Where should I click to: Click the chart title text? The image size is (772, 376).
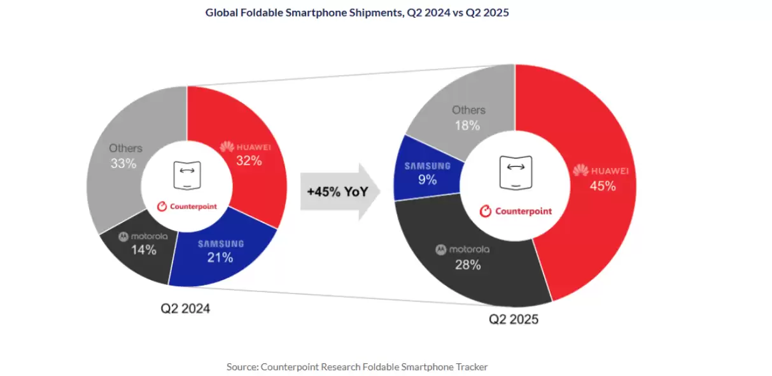(357, 12)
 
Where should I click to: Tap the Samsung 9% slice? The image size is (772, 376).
(426, 172)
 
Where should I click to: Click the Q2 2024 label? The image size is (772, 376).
(185, 309)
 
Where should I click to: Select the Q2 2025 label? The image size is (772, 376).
(514, 319)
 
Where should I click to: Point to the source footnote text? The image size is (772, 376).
(357, 366)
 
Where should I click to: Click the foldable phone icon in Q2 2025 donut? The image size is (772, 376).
(516, 172)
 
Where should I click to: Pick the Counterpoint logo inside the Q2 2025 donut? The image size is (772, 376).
(516, 211)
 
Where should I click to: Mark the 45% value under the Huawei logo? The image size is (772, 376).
(602, 186)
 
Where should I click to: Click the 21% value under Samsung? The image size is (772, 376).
(220, 258)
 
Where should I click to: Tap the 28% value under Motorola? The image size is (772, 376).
(467, 265)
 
